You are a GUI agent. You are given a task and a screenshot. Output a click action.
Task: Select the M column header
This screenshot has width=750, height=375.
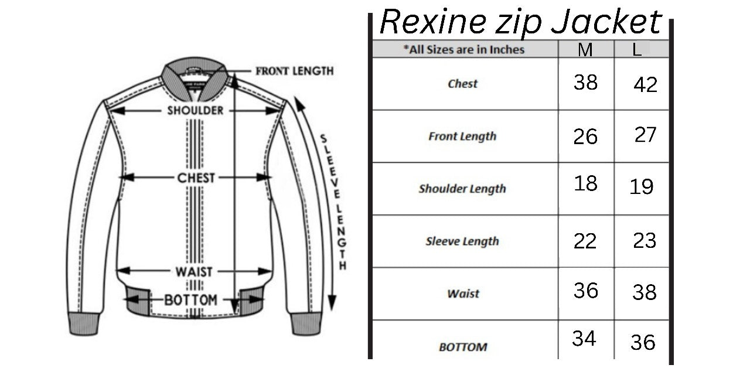[585, 50]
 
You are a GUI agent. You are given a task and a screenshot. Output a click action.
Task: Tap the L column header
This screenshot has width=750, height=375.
[637, 50]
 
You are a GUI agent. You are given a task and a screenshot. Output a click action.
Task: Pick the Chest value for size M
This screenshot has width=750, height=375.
[585, 83]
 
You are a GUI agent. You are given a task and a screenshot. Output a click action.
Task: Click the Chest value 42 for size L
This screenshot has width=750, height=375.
[646, 85]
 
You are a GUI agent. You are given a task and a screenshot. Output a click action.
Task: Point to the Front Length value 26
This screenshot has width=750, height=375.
[585, 137]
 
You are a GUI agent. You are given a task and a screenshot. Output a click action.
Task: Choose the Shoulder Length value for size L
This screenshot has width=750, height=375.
[642, 187]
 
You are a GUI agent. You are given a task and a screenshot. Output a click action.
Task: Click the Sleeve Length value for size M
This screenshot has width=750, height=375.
[585, 241]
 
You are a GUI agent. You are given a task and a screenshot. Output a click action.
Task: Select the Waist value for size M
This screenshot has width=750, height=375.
[585, 291]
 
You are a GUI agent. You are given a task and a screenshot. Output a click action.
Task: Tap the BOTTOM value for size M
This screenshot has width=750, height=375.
[584, 338]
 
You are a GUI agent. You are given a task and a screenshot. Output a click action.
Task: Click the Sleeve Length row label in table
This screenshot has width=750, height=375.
[462, 241]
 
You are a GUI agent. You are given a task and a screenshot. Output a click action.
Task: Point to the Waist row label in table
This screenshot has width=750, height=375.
[463, 294]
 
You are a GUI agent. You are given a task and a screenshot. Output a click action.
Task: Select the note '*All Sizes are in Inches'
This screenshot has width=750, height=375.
[463, 50]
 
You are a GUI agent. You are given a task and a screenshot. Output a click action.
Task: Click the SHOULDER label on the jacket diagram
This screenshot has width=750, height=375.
[195, 110]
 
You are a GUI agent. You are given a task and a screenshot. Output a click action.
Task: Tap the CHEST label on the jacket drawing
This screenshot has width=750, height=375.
[196, 178]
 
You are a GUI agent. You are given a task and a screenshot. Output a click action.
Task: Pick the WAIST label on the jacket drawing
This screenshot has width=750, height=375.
[194, 272]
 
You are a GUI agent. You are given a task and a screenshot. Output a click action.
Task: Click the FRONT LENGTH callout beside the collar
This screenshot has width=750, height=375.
[294, 71]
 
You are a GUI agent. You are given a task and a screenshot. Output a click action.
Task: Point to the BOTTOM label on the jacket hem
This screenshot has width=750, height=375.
[190, 300]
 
